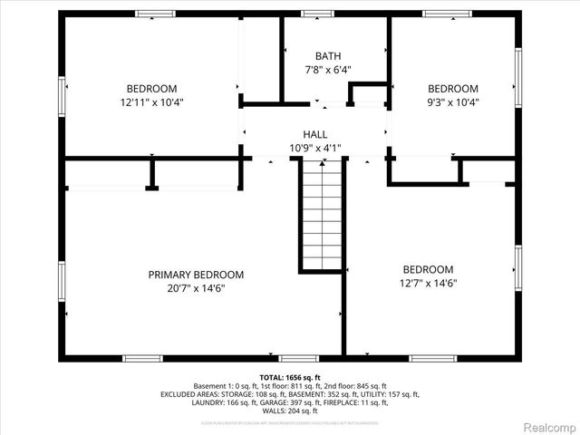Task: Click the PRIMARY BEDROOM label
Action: (x=196, y=275)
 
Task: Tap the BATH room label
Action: (x=327, y=56)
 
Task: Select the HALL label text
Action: (x=315, y=134)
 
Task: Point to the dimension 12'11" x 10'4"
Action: (x=151, y=102)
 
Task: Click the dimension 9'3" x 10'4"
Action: (x=452, y=102)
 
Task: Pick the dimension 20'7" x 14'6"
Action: (x=196, y=288)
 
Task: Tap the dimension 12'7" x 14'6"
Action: (x=428, y=283)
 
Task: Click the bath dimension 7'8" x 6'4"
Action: (x=327, y=70)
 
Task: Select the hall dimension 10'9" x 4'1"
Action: (x=315, y=148)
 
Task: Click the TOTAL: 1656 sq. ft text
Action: (x=290, y=377)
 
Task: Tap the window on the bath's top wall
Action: (x=317, y=14)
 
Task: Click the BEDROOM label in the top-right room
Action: (x=452, y=89)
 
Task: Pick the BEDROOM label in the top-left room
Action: (x=151, y=89)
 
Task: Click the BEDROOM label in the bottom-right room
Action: (x=428, y=269)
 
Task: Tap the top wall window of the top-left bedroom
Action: (x=154, y=14)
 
